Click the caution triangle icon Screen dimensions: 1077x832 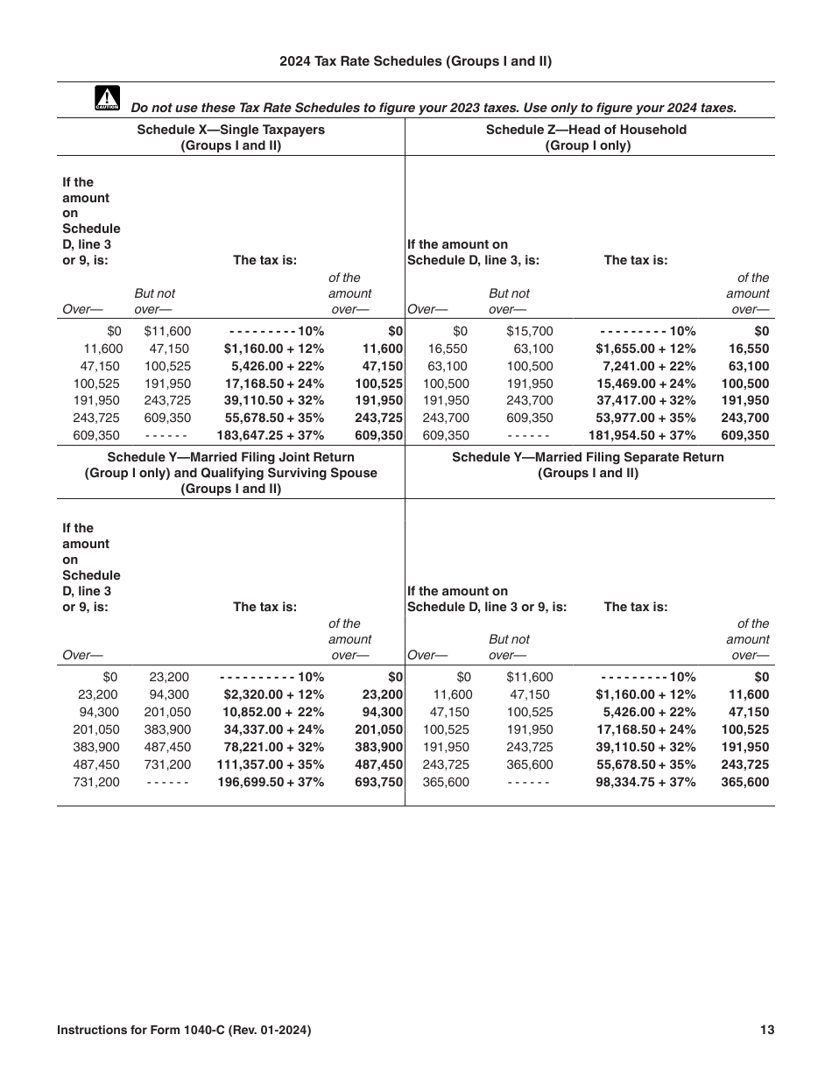click(x=106, y=99)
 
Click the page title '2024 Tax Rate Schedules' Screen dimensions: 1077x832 click(x=415, y=61)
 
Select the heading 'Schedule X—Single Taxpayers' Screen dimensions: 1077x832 click(x=230, y=130)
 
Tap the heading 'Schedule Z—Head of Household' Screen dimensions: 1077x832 click(x=586, y=130)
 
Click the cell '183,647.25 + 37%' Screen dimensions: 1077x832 click(x=271, y=435)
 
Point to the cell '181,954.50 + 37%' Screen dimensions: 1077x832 click(x=643, y=435)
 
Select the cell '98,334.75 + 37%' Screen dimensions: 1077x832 click(x=645, y=782)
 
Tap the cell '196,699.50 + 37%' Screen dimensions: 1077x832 click(x=271, y=782)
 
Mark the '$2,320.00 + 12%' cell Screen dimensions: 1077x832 click(x=273, y=694)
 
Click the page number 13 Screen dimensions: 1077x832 click(x=767, y=1031)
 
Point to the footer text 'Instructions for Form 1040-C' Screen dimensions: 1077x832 click(x=183, y=1031)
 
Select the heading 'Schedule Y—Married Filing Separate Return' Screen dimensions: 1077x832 click(x=588, y=457)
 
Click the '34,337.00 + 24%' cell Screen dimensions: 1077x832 click(x=273, y=729)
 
